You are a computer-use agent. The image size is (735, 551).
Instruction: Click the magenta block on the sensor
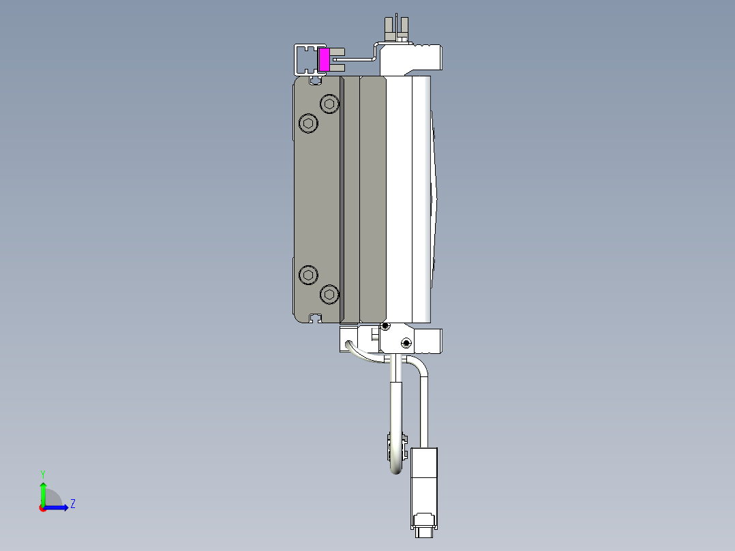tap(325, 59)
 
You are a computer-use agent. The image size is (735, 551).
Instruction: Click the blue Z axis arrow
tap(59, 507)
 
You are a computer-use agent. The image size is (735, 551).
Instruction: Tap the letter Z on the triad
tap(72, 504)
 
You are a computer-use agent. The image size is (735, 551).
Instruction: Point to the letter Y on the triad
tap(43, 473)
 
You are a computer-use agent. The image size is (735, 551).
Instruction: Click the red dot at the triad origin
tap(42, 508)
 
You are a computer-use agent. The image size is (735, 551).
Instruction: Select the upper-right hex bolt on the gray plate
tap(330, 104)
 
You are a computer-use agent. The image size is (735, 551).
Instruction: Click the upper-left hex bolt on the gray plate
tap(309, 123)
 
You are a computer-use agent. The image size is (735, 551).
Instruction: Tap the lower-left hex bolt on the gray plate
tap(309, 275)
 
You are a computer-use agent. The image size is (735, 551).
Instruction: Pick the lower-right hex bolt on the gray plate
tap(330, 295)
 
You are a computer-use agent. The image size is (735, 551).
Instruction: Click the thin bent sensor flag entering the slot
tap(358, 59)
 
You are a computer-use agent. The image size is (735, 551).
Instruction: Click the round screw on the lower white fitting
tap(406, 342)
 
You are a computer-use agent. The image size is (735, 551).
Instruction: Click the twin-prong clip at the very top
tap(396, 29)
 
